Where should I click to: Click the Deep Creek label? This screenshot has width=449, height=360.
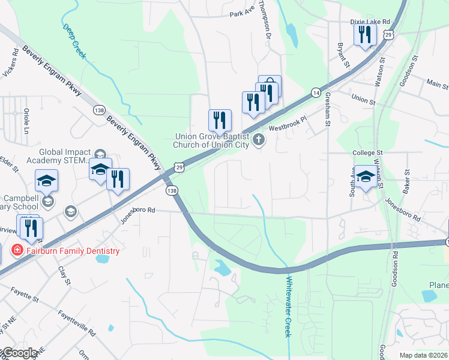pos(75,41)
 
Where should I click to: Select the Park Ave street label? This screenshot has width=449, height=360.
pos(242,15)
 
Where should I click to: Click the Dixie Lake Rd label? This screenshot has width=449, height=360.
pos(370,21)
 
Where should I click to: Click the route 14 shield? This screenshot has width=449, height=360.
pos(315,92)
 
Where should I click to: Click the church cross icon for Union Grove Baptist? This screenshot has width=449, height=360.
pos(259,140)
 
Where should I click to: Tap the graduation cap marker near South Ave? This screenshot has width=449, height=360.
pos(365,176)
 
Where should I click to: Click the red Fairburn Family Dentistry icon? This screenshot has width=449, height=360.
pos(18,251)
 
